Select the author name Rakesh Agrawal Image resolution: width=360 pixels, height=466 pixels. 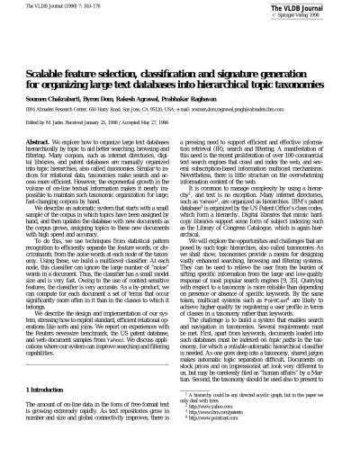pos(150,70)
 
